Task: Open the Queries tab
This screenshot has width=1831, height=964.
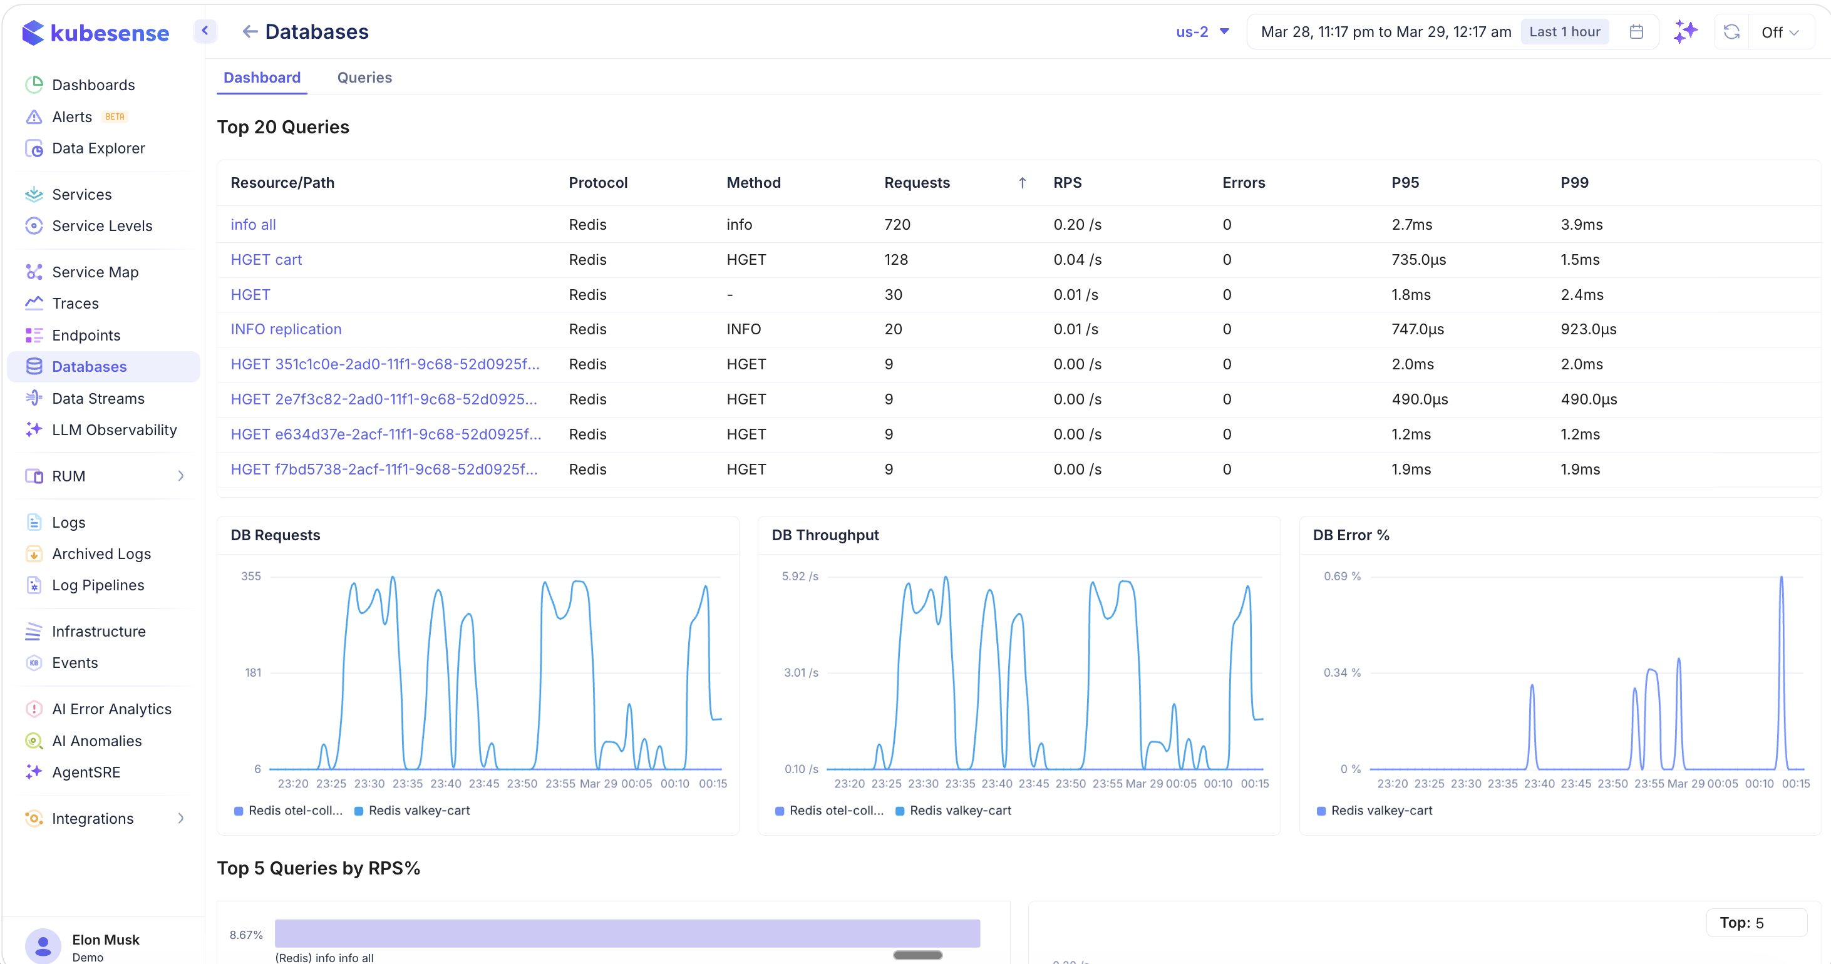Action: pos(364,78)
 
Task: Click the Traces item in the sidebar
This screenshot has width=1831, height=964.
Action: pos(75,304)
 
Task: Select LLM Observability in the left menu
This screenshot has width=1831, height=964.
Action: pos(114,430)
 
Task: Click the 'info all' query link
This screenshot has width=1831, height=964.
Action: pos(253,225)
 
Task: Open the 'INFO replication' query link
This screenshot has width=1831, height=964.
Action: pos(286,329)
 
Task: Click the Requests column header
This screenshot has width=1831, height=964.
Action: pos(916,183)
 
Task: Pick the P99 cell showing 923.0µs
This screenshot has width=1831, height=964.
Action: pos(1588,329)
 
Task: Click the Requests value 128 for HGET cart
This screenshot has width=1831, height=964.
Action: pos(895,259)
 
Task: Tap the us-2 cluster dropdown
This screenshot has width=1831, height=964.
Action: pos(1202,32)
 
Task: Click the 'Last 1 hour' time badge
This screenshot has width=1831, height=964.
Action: pos(1564,32)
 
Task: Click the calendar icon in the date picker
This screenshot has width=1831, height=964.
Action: pos(1636,32)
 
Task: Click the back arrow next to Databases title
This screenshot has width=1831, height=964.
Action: pos(249,31)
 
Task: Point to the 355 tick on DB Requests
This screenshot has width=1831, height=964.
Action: pos(251,576)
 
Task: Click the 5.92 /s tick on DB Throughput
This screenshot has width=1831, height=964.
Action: pos(800,576)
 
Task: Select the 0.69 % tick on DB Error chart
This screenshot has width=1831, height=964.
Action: pos(1341,576)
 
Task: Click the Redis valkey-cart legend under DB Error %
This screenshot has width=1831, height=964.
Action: pos(1380,811)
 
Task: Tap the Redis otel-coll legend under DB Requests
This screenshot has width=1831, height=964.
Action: pos(294,811)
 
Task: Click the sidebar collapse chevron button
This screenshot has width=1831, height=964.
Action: pos(205,31)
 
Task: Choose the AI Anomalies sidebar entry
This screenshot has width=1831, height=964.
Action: pos(96,741)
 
